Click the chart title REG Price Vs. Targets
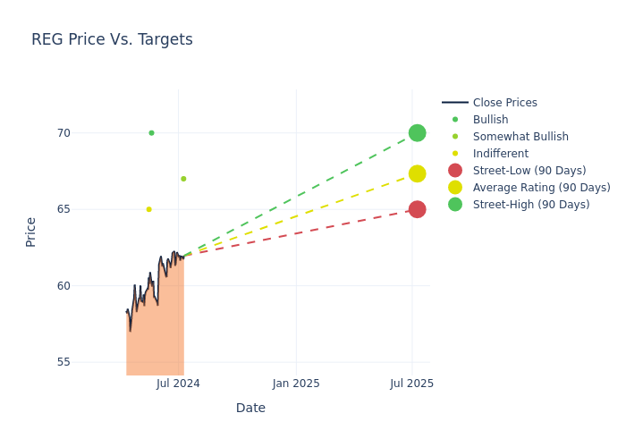point(112,39)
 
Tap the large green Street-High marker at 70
point(417,133)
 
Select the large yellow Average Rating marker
point(417,173)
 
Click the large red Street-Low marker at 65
point(417,209)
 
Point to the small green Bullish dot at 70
point(151,133)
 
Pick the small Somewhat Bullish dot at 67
point(183,179)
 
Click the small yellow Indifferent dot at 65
point(148,209)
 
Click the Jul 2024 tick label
point(178,384)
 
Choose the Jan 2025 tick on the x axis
point(296,384)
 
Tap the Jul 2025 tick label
point(412,384)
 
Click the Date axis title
point(250,409)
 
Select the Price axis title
point(31,232)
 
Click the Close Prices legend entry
point(504,103)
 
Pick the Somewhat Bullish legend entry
point(520,137)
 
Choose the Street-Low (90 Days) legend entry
point(529,171)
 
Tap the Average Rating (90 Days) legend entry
point(541,188)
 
